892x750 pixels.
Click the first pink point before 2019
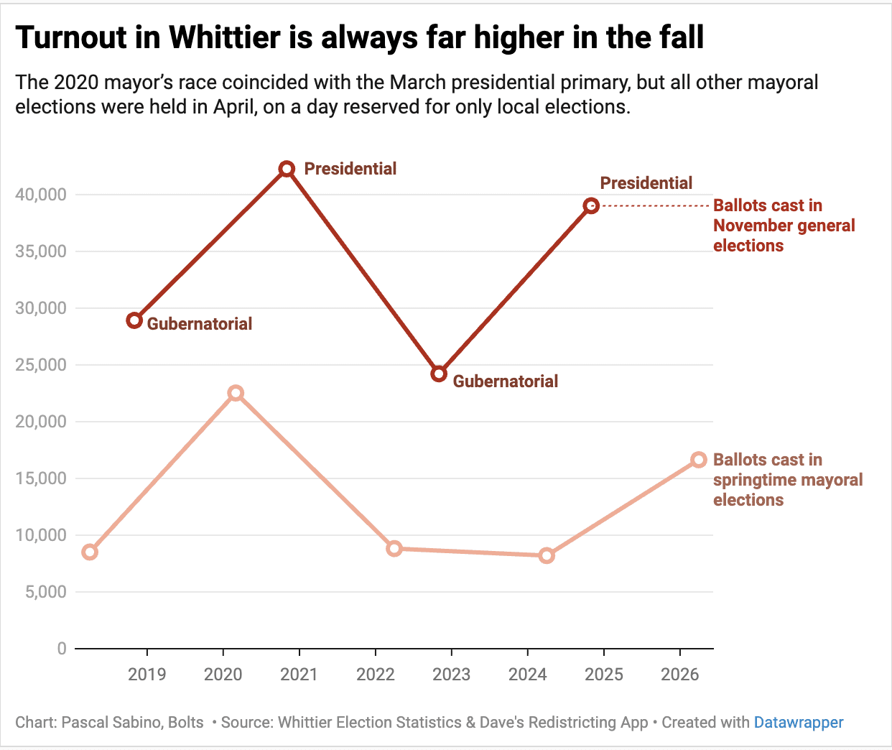click(x=90, y=552)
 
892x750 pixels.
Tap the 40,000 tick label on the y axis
click(x=41, y=195)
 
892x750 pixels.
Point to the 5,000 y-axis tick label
click(x=46, y=592)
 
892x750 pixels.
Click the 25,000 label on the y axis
click(x=41, y=365)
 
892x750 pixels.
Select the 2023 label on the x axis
click(x=451, y=675)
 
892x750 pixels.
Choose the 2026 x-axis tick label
click(x=679, y=675)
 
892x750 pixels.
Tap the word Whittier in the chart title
click(x=225, y=37)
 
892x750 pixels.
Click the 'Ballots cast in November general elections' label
click(x=784, y=226)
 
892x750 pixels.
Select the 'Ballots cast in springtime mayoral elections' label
click(x=788, y=480)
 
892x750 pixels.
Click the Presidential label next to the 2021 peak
click(x=350, y=169)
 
